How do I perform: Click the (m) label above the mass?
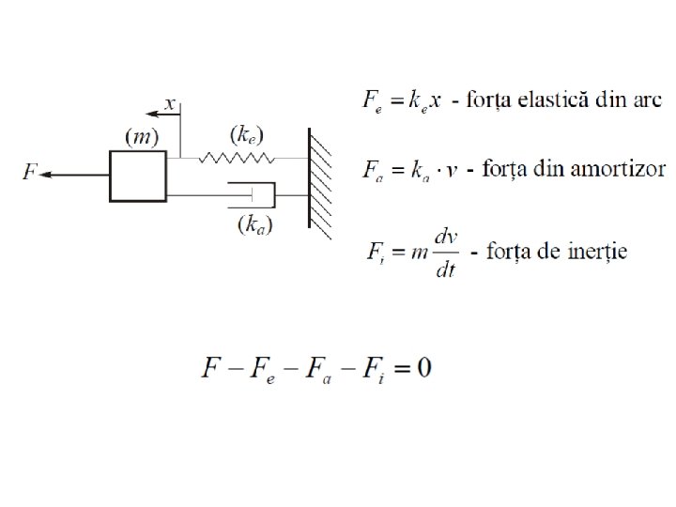pos(142,136)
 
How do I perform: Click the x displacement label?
pos(170,104)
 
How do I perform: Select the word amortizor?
pos(623,170)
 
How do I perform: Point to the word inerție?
pos(595,251)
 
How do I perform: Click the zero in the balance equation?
pos(423,367)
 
